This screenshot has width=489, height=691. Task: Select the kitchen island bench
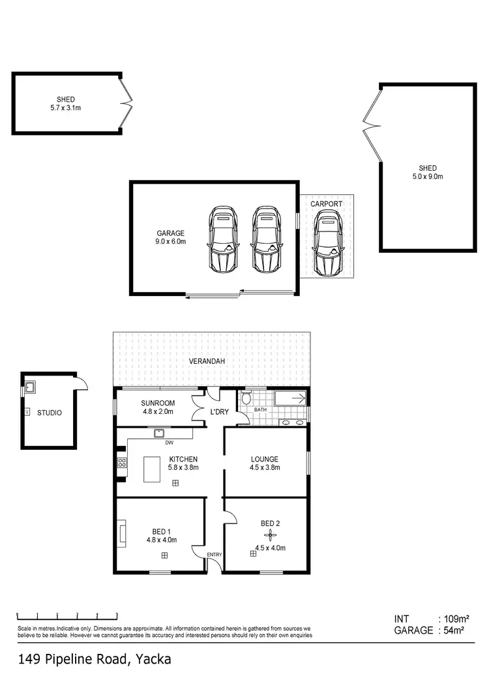[155, 469]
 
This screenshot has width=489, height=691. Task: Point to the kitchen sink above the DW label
[158, 433]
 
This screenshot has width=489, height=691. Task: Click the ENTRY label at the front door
[215, 555]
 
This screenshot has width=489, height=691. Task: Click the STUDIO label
[50, 412]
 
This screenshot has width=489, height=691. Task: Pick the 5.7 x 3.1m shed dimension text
[66, 108]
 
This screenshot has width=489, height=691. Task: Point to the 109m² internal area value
[455, 619]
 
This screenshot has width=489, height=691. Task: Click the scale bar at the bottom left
[67, 615]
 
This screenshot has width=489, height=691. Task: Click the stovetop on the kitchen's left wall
[121, 463]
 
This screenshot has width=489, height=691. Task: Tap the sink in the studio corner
[30, 389]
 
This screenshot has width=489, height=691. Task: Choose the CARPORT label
[326, 204]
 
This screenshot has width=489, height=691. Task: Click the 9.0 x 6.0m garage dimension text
[171, 241]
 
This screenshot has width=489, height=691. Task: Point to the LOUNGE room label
[265, 459]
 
